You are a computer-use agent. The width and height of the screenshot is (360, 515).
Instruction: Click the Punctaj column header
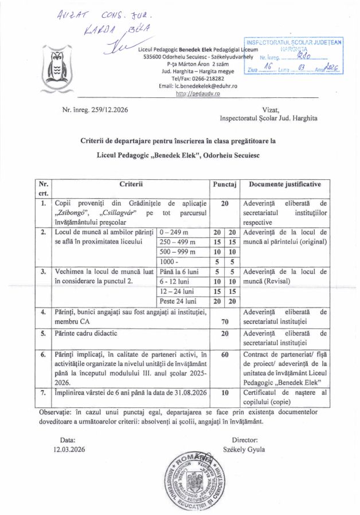(x=225, y=184)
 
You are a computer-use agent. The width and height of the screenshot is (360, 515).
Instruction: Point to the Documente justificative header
(x=285, y=184)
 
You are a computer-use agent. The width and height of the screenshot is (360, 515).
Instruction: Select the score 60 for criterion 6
(x=225, y=355)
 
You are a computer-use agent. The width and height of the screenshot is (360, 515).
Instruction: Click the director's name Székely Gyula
(x=244, y=449)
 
